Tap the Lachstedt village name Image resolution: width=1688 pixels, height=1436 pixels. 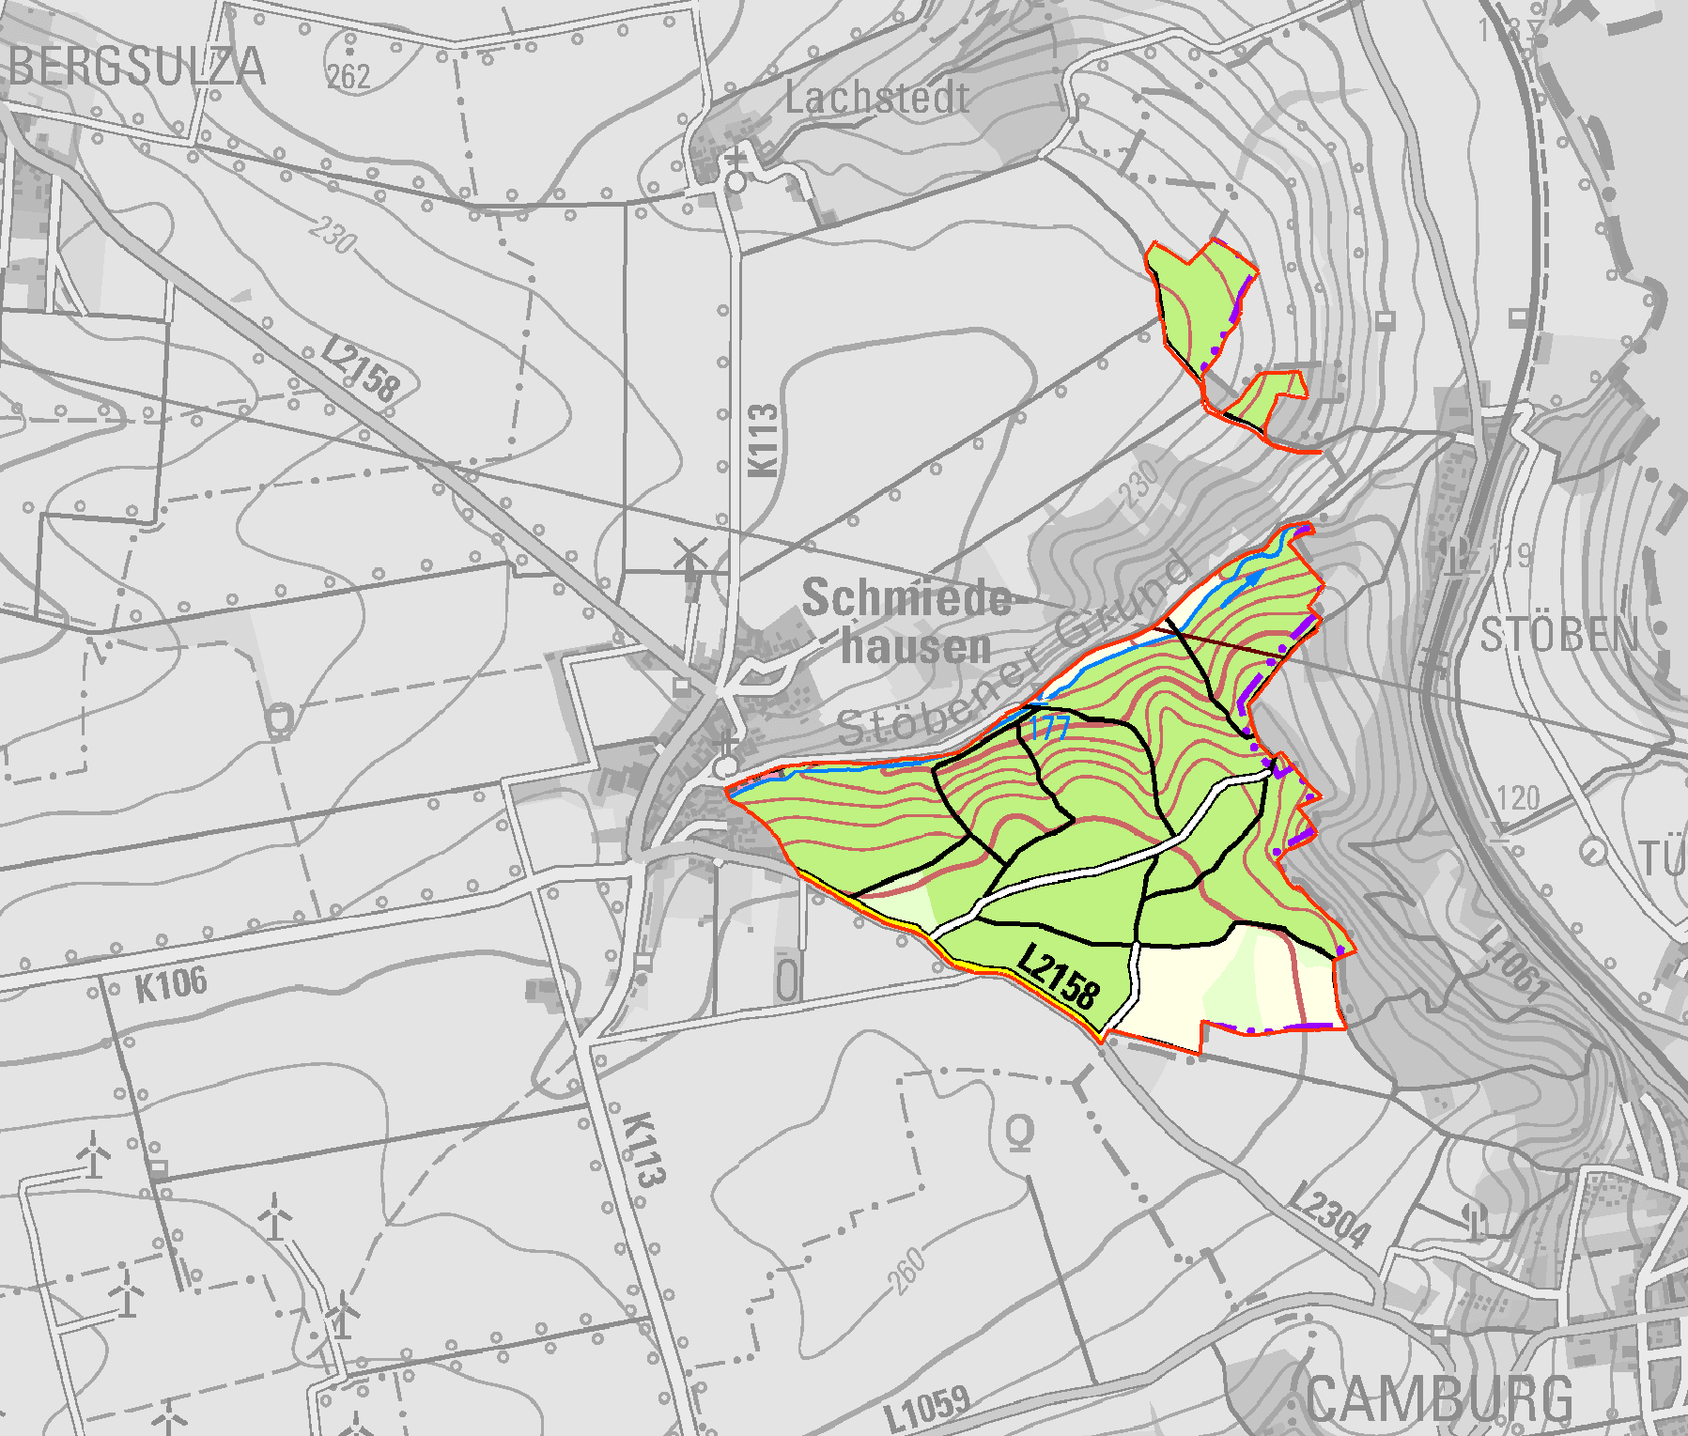876,98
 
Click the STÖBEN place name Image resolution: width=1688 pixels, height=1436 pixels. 1558,636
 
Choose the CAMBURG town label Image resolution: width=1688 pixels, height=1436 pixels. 1439,1400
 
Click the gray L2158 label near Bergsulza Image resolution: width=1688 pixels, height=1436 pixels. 361,368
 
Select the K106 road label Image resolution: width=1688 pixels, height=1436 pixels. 170,984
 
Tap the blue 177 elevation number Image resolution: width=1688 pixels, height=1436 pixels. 1049,727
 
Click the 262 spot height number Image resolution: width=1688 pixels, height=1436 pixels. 348,76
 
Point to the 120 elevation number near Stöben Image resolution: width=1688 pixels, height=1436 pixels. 1518,799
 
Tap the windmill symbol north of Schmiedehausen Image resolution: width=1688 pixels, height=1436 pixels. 690,556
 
